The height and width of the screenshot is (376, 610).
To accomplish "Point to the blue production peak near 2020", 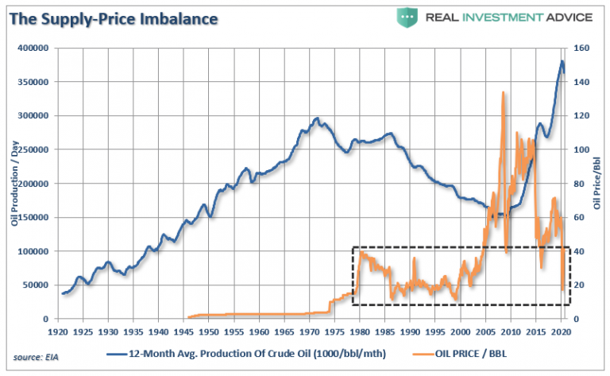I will click(562, 61).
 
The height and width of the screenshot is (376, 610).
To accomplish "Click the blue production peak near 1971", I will click(317, 118).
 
